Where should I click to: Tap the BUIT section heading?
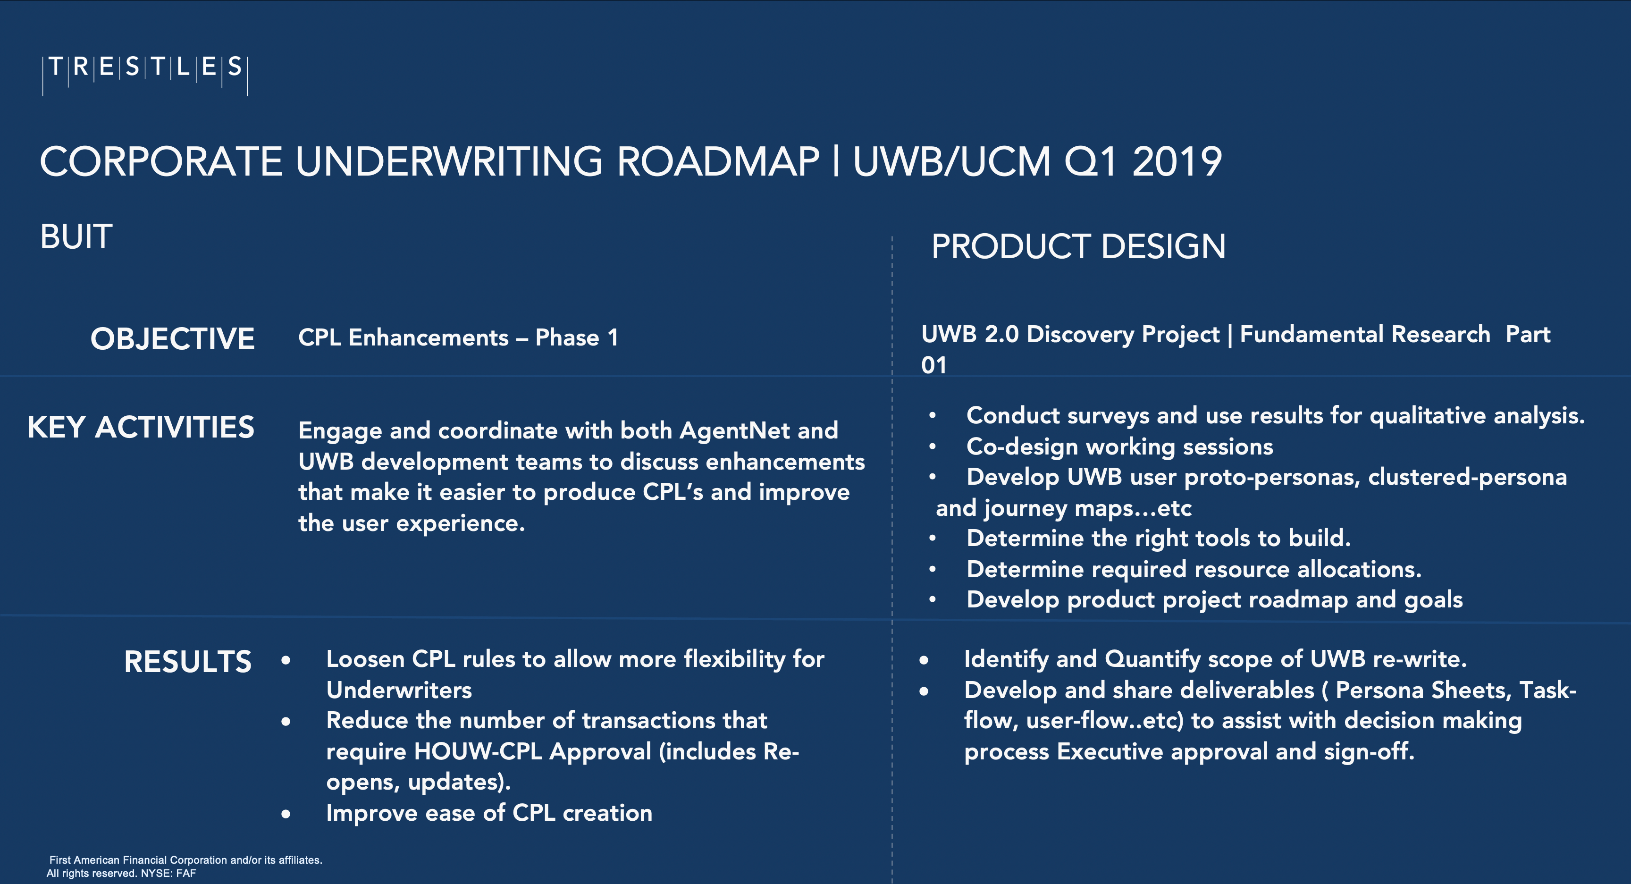pyautogui.click(x=76, y=237)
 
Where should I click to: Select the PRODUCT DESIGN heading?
pyautogui.click(x=1078, y=246)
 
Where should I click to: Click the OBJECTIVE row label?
pyautogui.click(x=172, y=339)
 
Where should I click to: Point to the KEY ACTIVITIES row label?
pyautogui.click(x=141, y=428)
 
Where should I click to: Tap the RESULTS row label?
pyautogui.click(x=187, y=662)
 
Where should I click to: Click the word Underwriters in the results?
pyautogui.click(x=399, y=690)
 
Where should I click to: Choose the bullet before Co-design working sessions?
pyautogui.click(x=933, y=447)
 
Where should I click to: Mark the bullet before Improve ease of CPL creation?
pyautogui.click(x=286, y=814)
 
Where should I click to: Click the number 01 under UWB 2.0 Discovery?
pyautogui.click(x=934, y=365)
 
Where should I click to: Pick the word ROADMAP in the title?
pyautogui.click(x=718, y=161)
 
